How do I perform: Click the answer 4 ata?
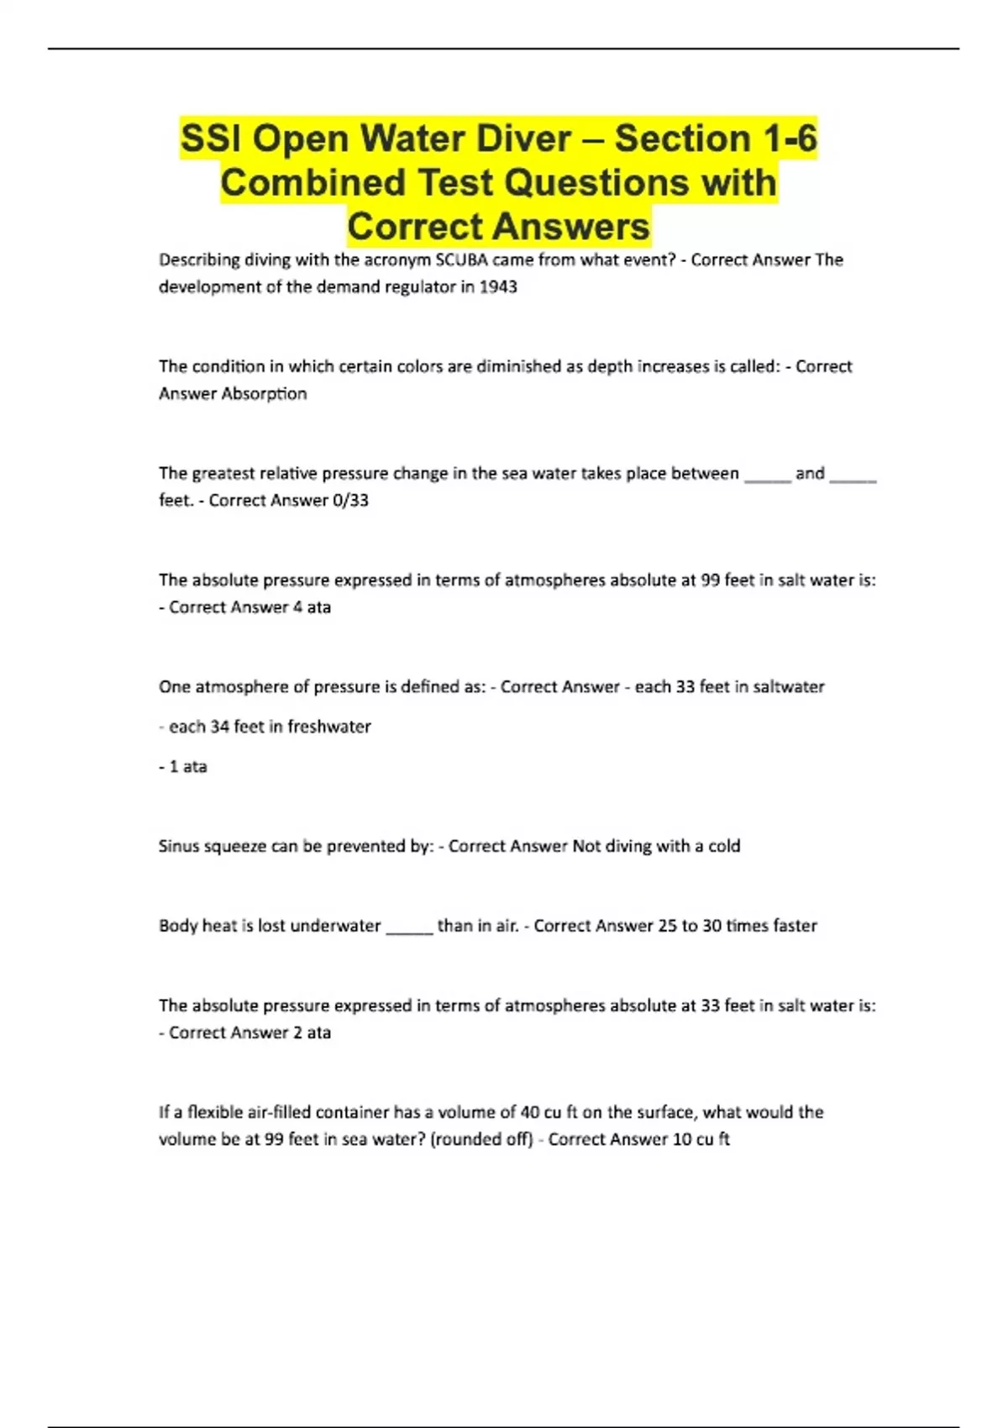click(312, 606)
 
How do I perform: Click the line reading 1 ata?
click(187, 766)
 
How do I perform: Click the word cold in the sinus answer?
click(724, 846)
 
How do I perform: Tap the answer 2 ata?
click(312, 1032)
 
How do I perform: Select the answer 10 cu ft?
click(701, 1139)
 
